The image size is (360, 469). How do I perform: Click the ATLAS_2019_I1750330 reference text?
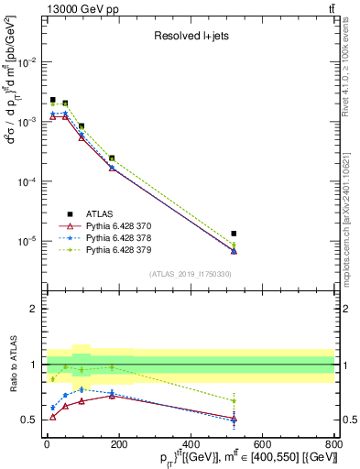point(190,274)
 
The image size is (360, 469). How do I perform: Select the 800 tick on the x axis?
point(333,447)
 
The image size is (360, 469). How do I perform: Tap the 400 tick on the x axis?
point(190,447)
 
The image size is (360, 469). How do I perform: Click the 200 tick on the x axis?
point(118,447)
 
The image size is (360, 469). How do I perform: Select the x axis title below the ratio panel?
point(192,459)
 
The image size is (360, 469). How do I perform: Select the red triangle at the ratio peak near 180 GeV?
point(112,395)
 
